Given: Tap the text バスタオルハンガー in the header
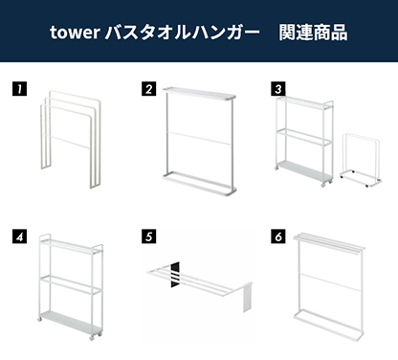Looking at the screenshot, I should coord(172,33).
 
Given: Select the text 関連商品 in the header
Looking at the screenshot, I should coord(313,33).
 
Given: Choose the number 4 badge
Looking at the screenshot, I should coord(18,235).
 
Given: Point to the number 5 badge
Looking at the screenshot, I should coord(148,235).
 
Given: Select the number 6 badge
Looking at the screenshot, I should coord(278,235).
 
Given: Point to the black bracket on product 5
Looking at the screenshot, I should coord(175,275).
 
